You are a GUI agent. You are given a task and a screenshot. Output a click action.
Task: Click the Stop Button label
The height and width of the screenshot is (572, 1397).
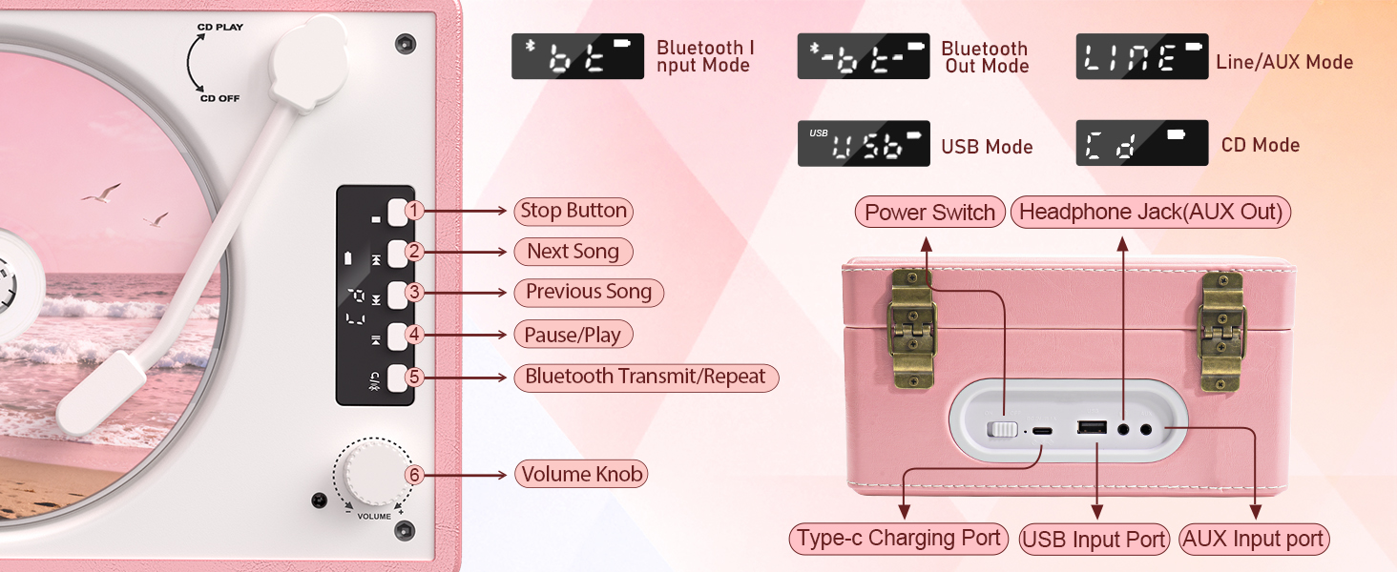[x=573, y=211]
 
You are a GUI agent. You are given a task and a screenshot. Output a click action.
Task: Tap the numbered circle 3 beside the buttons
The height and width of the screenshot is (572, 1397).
[x=413, y=293]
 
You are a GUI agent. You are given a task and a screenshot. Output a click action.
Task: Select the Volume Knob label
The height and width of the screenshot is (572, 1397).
[x=582, y=474]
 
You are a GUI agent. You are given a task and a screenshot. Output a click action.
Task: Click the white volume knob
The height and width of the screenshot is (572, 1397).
[x=373, y=471]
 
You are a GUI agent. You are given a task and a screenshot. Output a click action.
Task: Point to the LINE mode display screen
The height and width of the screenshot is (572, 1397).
[x=1141, y=57]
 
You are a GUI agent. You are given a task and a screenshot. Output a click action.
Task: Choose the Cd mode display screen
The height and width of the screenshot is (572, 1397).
[x=1141, y=143]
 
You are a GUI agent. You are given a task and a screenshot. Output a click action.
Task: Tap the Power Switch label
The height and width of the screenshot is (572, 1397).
[x=929, y=213]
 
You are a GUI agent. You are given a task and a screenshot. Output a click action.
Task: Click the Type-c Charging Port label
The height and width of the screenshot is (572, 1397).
[x=898, y=539]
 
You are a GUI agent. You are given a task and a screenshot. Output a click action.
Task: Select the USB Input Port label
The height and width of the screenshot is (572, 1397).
[x=1094, y=540]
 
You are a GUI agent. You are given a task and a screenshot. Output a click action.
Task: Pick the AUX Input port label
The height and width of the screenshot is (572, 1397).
[x=1253, y=540]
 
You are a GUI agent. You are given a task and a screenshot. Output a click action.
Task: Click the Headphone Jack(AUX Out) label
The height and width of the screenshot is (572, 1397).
[x=1150, y=213]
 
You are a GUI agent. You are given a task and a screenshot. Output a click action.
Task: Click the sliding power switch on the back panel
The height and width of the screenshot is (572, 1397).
[x=1002, y=430]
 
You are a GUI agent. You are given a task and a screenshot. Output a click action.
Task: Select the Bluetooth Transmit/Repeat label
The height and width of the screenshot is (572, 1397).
[x=645, y=377]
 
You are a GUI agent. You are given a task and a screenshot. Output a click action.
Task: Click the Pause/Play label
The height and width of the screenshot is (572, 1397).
[x=573, y=335]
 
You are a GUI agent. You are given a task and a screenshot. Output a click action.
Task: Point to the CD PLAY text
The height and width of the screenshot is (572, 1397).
[x=221, y=28]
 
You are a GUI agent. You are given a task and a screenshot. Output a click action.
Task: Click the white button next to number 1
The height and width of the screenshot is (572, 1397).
[x=396, y=211]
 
